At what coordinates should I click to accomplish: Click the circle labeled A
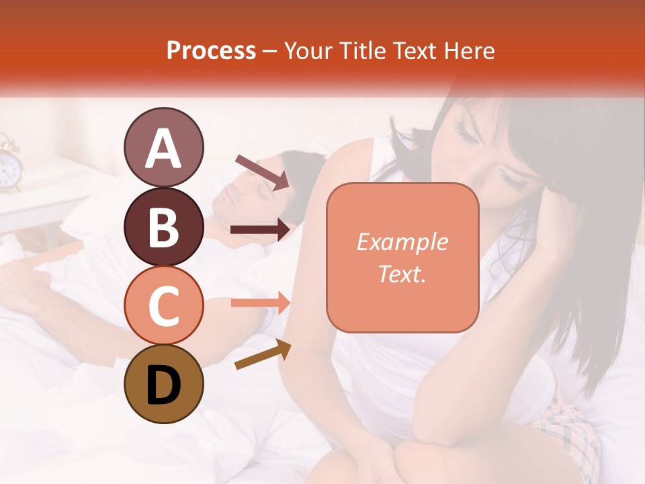tap(163, 148)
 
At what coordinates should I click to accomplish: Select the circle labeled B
tap(163, 227)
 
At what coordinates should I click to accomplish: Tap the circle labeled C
tap(163, 305)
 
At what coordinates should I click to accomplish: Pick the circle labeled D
tap(163, 384)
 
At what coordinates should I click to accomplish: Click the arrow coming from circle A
tap(262, 171)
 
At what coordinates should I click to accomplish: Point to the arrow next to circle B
tap(261, 230)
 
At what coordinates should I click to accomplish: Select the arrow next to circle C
tap(261, 302)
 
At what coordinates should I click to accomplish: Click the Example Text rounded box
tap(402, 257)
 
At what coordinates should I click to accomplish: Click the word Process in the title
tap(211, 50)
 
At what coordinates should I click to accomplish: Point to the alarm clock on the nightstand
tap(9, 165)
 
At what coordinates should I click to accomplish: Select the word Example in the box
tap(402, 242)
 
